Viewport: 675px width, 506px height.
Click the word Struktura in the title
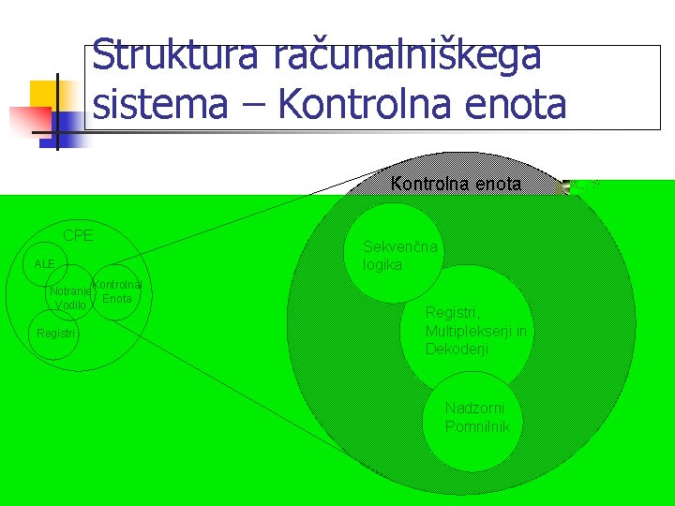(176, 55)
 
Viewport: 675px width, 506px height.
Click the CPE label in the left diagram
(78, 235)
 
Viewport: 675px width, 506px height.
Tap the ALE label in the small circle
(44, 264)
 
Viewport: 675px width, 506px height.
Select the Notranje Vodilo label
(70, 298)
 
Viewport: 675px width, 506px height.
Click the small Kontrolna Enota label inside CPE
(117, 291)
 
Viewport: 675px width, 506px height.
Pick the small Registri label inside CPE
(57, 334)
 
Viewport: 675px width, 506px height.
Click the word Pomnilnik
(477, 427)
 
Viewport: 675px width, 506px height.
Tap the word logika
(382, 265)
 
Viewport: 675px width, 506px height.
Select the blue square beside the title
(67, 124)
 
